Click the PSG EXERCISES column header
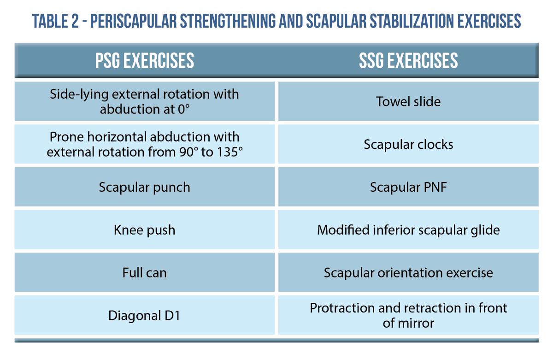pyautogui.click(x=145, y=61)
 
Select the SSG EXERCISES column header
pyautogui.click(x=408, y=61)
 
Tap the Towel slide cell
pyautogui.click(x=408, y=101)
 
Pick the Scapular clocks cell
pyautogui.click(x=408, y=144)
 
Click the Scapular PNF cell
pyautogui.click(x=408, y=187)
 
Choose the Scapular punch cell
pyautogui.click(x=145, y=187)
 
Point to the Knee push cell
pyautogui.click(x=145, y=230)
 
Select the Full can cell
pyautogui.click(x=145, y=272)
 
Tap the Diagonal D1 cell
pyautogui.click(x=145, y=315)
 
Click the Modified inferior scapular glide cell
pyautogui.click(x=408, y=230)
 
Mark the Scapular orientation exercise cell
pyautogui.click(x=408, y=272)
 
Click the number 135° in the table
pyautogui.click(x=228, y=152)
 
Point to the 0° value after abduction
pyautogui.click(x=182, y=109)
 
